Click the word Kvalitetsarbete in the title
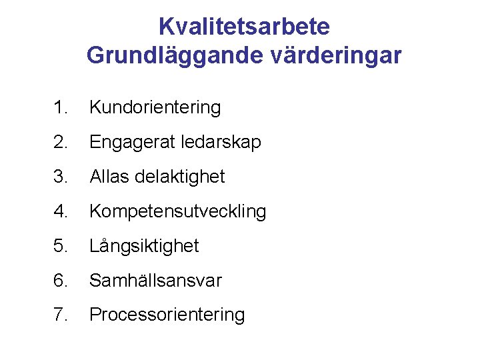click(x=244, y=27)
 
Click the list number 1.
click(x=61, y=107)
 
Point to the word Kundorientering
click(x=155, y=107)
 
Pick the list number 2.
click(x=61, y=142)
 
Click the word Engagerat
click(x=129, y=143)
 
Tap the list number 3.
click(x=61, y=177)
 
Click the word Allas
click(x=109, y=177)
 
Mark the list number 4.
click(x=61, y=211)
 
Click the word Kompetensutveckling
click(x=177, y=211)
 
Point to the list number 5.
click(x=61, y=246)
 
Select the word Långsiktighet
click(x=144, y=247)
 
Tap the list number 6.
click(x=61, y=281)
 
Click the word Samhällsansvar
click(x=155, y=281)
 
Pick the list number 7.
click(x=61, y=315)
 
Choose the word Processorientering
click(x=167, y=315)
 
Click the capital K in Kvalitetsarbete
click(x=166, y=27)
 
